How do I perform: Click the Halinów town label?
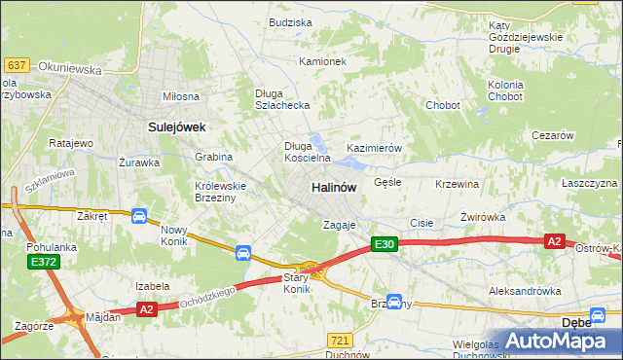(333, 187)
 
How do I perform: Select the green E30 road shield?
(385, 245)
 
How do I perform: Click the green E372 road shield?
(43, 262)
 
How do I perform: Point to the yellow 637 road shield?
(17, 65)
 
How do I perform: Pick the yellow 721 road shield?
(340, 340)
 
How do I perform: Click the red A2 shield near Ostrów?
(555, 241)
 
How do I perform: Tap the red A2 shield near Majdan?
(146, 309)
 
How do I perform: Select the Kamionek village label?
(322, 61)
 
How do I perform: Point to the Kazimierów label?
(375, 148)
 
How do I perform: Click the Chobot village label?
(442, 104)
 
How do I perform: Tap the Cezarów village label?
(552, 136)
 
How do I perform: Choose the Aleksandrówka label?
(526, 291)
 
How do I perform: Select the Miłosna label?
(181, 96)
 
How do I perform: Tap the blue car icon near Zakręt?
(139, 216)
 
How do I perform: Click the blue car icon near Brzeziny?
(394, 302)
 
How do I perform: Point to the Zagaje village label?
(341, 225)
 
